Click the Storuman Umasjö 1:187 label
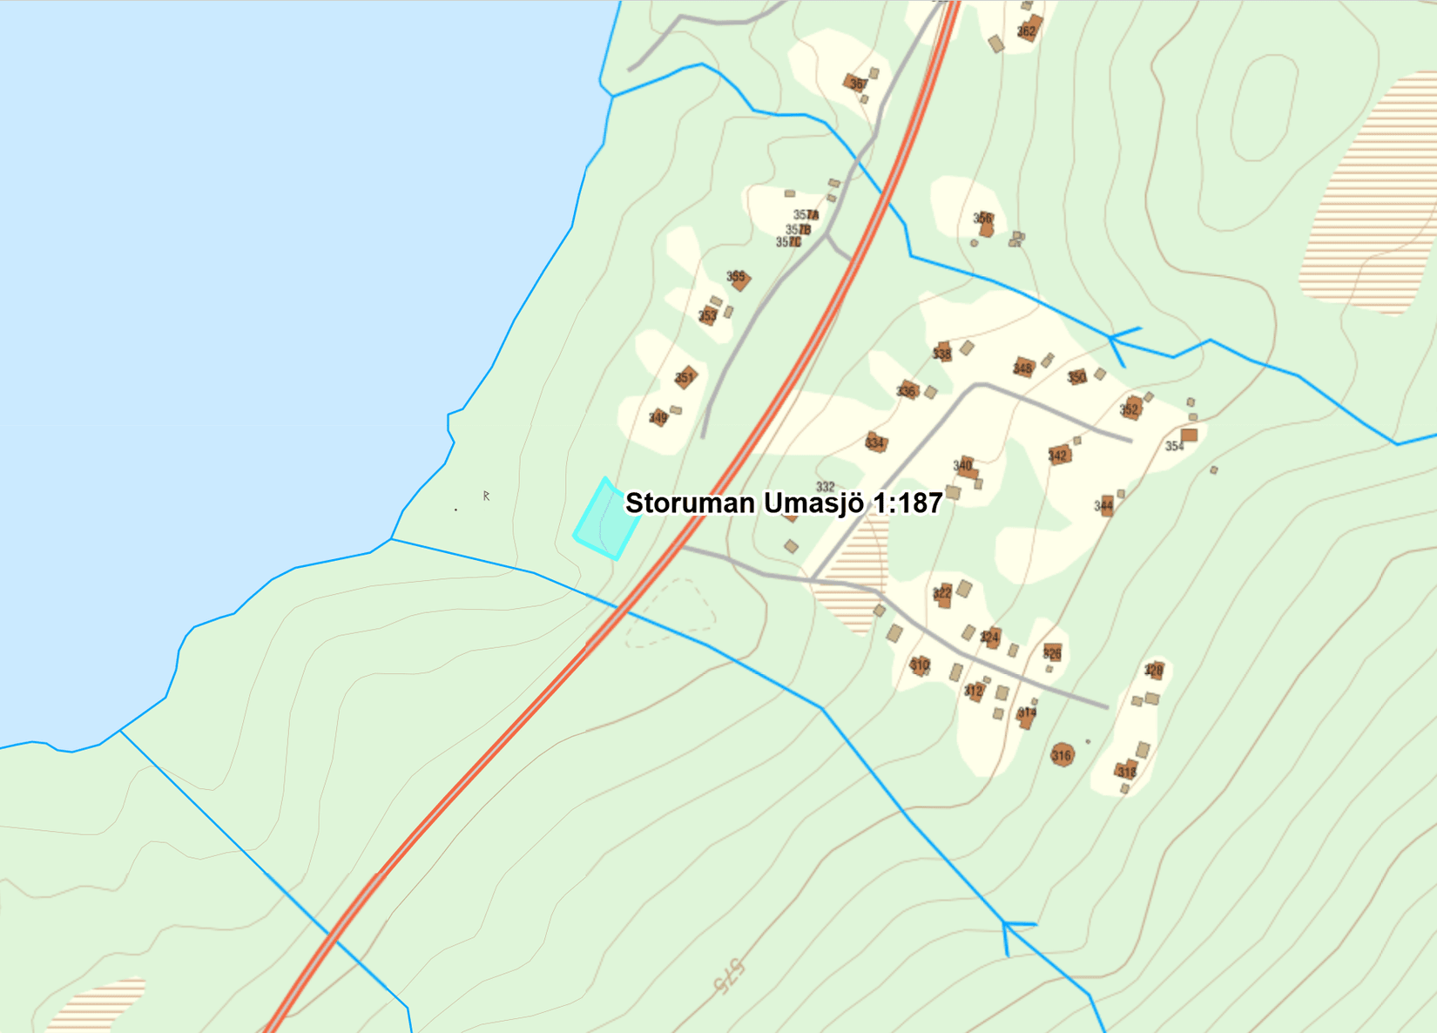point(784,503)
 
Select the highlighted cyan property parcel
point(606,521)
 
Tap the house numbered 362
point(1029,30)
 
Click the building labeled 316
point(1062,754)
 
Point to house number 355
point(739,280)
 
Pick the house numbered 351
point(686,377)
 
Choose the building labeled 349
point(659,418)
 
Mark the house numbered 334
point(875,442)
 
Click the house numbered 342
point(1059,455)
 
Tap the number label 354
point(1175,446)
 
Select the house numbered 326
point(1052,652)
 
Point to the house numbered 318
point(1127,770)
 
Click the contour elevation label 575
point(728,976)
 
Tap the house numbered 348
point(1023,368)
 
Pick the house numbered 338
point(942,352)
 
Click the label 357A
point(806,215)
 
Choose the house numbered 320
point(1155,670)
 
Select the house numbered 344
point(1105,505)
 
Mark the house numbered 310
point(921,665)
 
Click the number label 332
point(825,487)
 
